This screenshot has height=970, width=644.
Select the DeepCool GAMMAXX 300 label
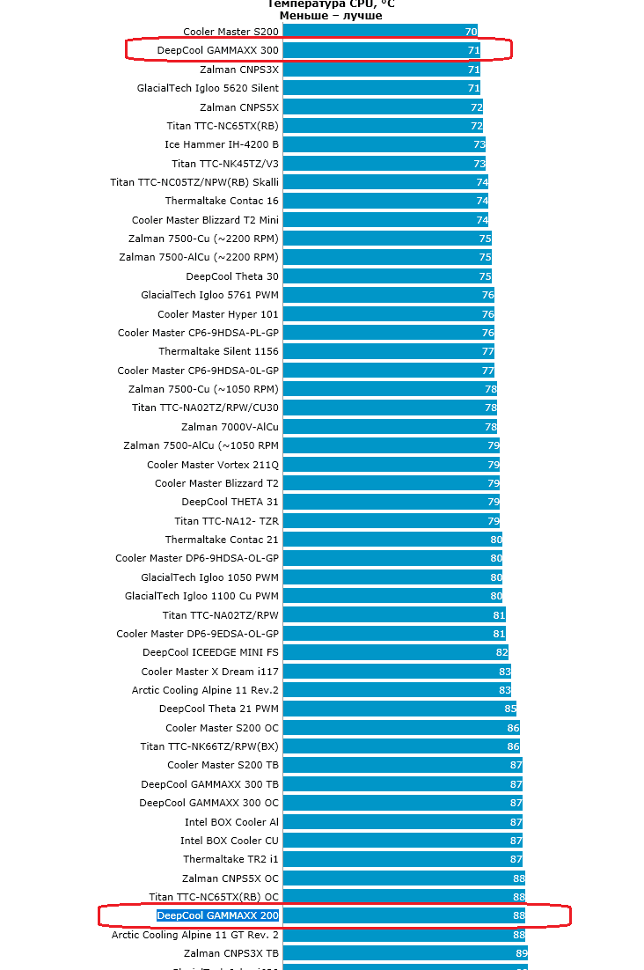(x=218, y=50)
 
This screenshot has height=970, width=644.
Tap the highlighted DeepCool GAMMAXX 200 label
(x=218, y=915)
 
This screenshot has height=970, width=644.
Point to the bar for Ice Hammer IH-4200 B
(x=384, y=144)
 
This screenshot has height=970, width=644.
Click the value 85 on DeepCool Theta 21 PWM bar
(x=510, y=709)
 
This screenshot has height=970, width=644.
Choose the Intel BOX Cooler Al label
(x=231, y=822)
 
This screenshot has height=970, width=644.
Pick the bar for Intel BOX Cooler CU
(x=402, y=841)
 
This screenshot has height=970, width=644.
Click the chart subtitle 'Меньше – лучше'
(x=331, y=16)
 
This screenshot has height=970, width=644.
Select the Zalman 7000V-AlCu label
(x=230, y=427)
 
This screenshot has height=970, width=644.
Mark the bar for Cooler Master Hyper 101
(x=388, y=314)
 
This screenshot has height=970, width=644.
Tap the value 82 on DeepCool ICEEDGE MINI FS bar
(x=502, y=652)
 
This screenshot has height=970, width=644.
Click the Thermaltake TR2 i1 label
(x=231, y=859)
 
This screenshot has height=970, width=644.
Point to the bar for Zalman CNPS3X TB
(x=405, y=953)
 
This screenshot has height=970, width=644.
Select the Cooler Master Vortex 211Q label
(x=213, y=465)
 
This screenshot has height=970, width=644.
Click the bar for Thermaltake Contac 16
(x=385, y=201)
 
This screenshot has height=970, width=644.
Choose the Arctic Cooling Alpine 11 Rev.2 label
(x=205, y=690)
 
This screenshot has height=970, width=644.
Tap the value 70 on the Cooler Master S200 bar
(x=471, y=32)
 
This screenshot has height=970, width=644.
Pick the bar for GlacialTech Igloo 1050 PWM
(x=392, y=577)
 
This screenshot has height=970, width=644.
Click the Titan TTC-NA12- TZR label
(x=226, y=521)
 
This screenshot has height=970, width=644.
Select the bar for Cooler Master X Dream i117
(x=397, y=672)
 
